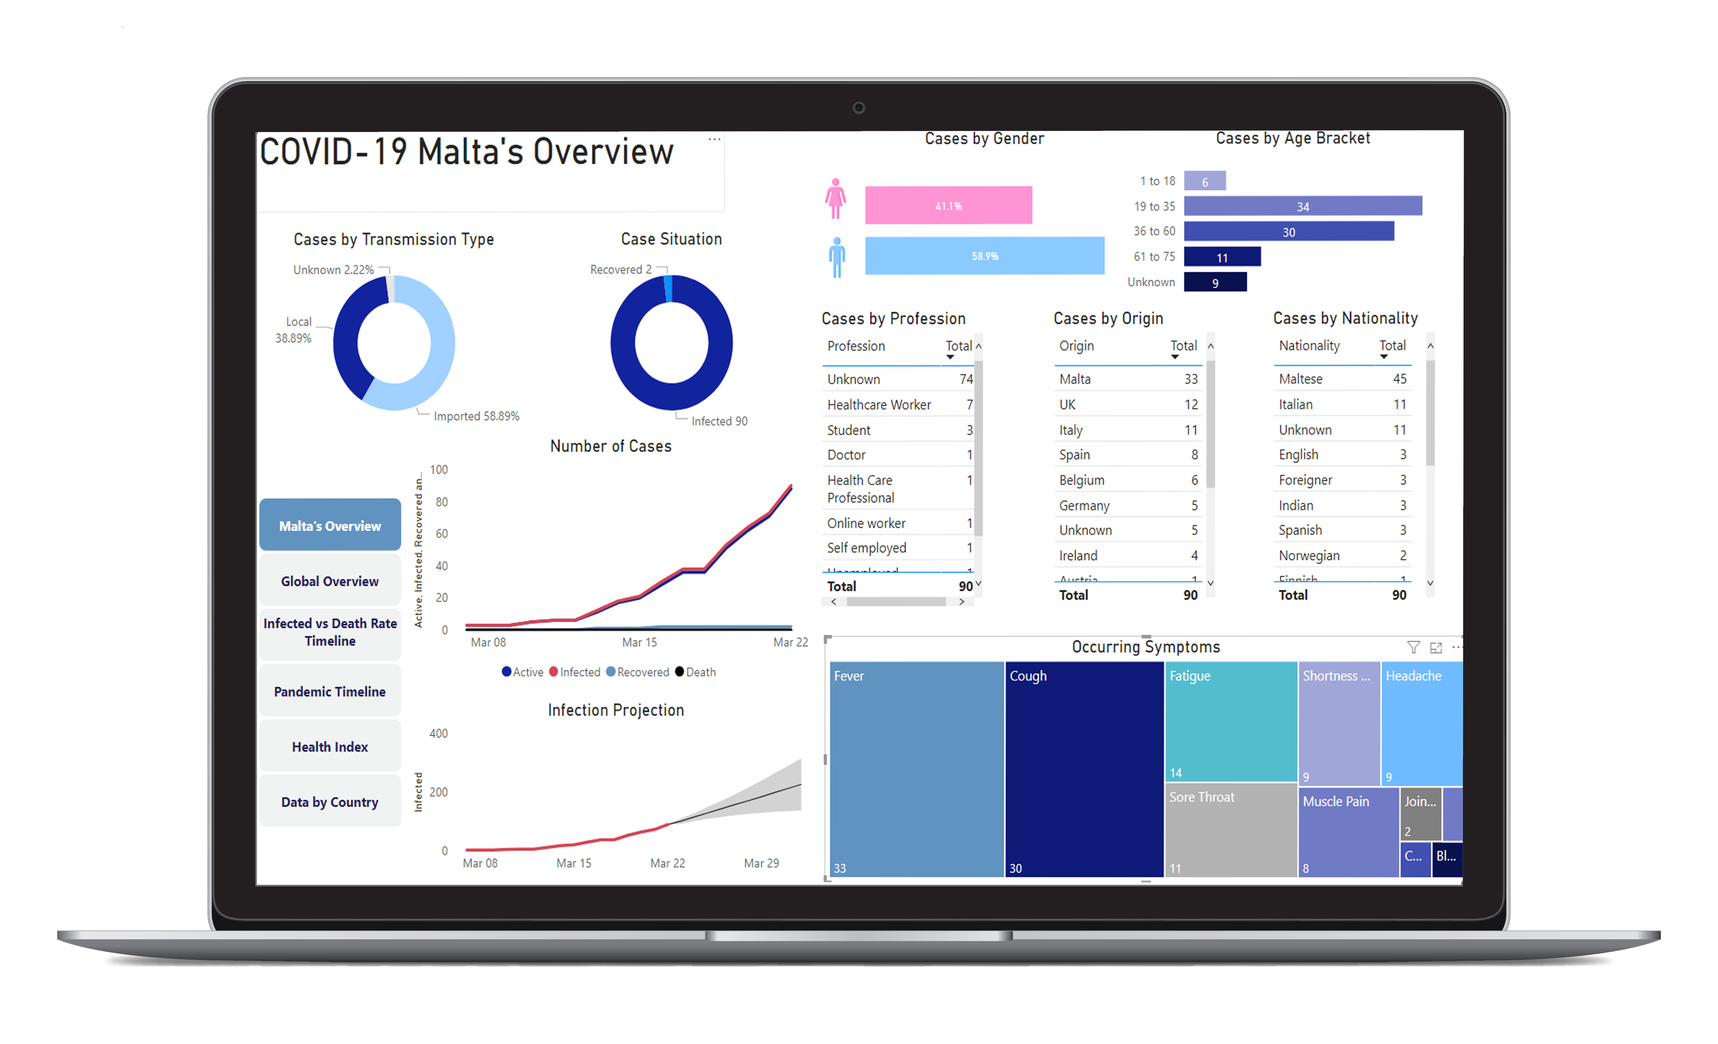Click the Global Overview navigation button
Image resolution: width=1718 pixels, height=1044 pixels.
coord(330,581)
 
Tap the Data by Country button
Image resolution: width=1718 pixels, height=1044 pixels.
coord(330,802)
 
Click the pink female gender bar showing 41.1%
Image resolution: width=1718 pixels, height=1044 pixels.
coord(948,206)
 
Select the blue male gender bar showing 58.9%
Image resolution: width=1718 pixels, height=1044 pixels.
coord(985,256)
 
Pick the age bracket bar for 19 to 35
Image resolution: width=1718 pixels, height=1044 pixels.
coord(1302,206)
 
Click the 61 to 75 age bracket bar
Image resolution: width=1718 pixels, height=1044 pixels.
coord(1222,257)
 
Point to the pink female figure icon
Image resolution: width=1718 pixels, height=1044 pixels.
coord(835,199)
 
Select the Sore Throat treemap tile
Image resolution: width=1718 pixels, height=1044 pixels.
coord(1231,829)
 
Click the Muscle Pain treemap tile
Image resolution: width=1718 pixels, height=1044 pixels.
coord(1348,833)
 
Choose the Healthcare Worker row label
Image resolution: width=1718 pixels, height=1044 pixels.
coord(878,405)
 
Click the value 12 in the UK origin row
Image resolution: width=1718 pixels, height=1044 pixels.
coord(1191,405)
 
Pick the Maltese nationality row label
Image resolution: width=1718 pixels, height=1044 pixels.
coord(1300,379)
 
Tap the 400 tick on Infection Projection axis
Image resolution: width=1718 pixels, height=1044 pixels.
coord(438,733)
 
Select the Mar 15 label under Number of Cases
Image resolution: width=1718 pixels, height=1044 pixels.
coord(639,642)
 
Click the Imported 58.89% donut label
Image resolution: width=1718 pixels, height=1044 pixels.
coord(476,416)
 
